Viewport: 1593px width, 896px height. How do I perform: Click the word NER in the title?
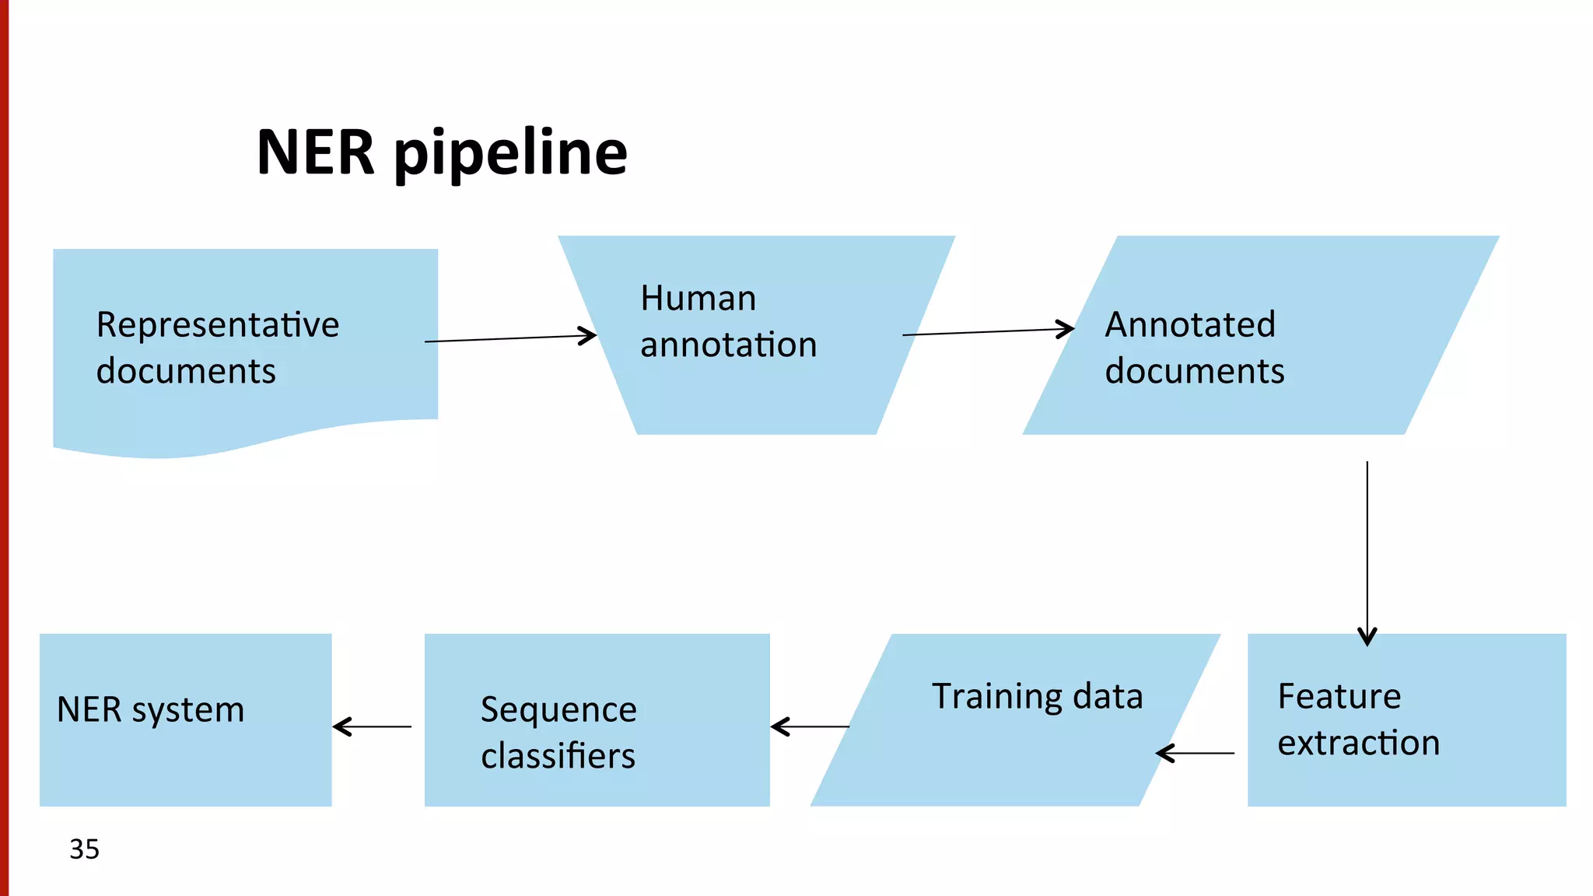(316, 152)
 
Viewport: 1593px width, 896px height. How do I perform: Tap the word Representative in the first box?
(218, 325)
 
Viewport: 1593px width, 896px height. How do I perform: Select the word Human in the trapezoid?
(698, 299)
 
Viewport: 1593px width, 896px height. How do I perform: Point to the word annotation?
(728, 345)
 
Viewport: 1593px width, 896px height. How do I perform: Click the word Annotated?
(1190, 325)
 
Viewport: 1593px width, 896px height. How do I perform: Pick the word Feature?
(1339, 696)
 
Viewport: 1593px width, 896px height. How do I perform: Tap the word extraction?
(1358, 743)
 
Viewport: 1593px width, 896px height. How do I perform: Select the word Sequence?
(558, 710)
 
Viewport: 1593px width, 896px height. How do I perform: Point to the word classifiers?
(558, 756)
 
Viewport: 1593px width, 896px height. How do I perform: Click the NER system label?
(150, 710)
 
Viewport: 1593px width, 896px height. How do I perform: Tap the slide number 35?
(84, 849)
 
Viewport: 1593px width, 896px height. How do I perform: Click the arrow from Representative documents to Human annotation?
(510, 338)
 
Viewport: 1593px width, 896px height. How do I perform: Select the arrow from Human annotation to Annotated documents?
(988, 332)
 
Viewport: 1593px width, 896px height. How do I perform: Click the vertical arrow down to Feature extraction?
(1367, 552)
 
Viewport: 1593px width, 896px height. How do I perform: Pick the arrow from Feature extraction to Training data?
(1195, 753)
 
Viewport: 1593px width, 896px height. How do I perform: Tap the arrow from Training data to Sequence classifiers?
(810, 726)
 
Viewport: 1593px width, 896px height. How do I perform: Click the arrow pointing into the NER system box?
(372, 726)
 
